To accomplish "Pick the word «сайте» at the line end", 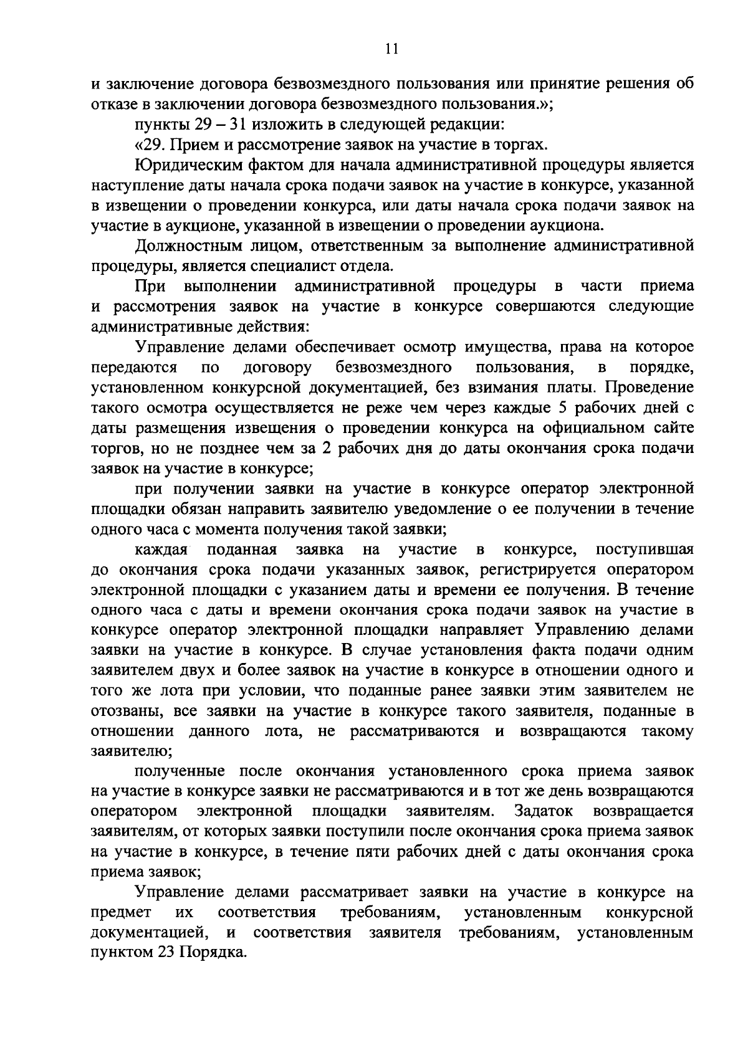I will (x=673, y=428).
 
